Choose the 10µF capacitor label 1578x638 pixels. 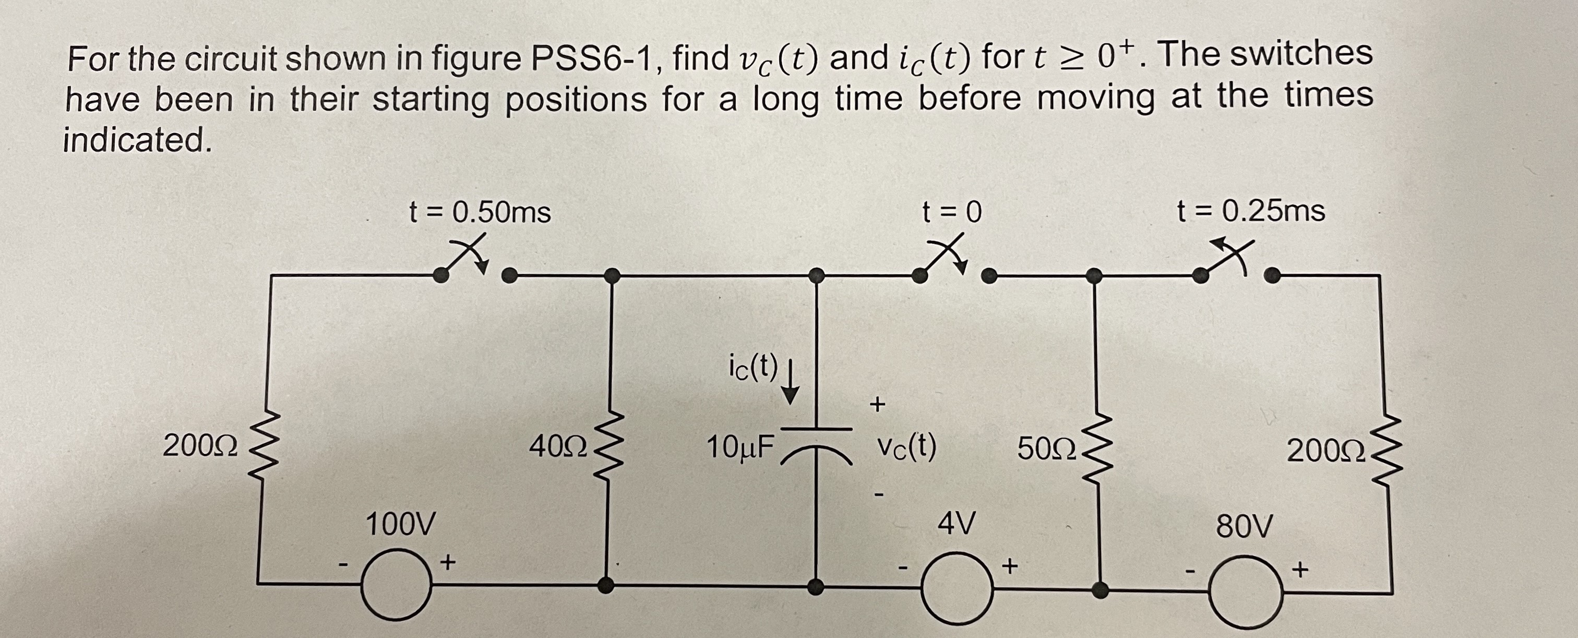(740, 447)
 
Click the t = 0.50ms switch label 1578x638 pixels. (480, 212)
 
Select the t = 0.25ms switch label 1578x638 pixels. (1251, 211)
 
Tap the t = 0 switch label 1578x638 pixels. (952, 212)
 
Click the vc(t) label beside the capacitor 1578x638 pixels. (906, 447)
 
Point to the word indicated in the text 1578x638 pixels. (138, 140)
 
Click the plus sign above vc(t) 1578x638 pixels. (877, 404)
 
